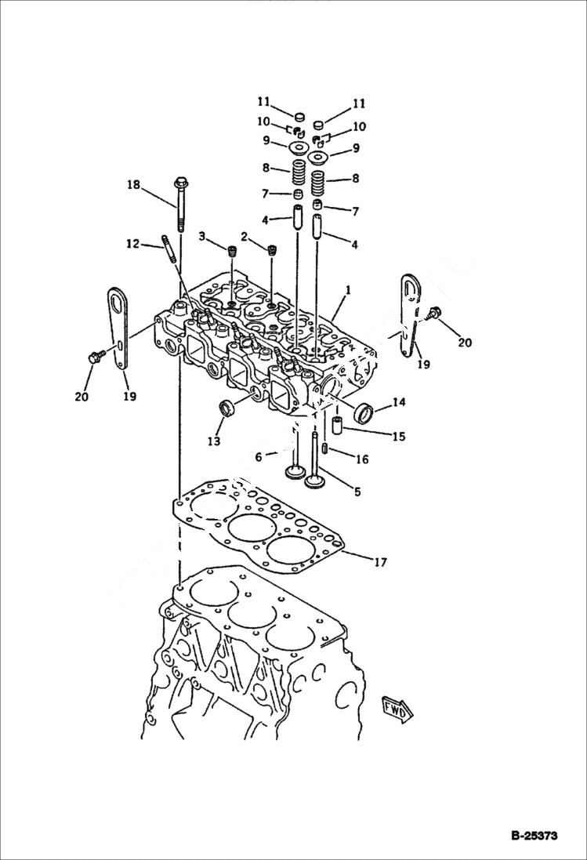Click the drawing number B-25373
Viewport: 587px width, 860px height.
click(x=531, y=836)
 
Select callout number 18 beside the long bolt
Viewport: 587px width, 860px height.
click(x=134, y=185)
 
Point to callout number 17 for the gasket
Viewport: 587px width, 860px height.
click(x=380, y=561)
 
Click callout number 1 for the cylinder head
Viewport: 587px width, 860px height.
click(x=348, y=289)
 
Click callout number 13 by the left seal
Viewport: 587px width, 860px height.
click(x=213, y=442)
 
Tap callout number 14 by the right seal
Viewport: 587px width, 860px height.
click(x=399, y=402)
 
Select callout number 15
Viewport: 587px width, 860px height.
click(x=399, y=436)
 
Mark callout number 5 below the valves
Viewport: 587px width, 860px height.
click(x=357, y=492)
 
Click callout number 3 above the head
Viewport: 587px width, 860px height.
click(x=201, y=236)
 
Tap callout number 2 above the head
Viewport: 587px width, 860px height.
click(x=244, y=236)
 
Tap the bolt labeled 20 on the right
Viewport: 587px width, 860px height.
click(x=434, y=315)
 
